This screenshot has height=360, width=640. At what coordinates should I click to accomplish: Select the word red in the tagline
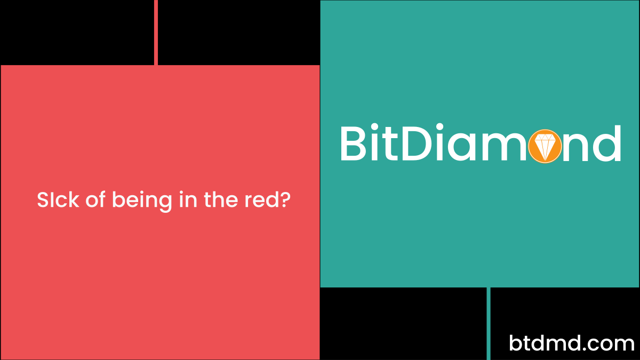pos(258,201)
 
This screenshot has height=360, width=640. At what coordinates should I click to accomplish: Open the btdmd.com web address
pos(572,343)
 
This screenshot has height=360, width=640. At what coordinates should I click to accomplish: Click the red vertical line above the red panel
pos(156,32)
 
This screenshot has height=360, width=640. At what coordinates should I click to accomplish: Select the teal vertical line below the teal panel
pos(489,323)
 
